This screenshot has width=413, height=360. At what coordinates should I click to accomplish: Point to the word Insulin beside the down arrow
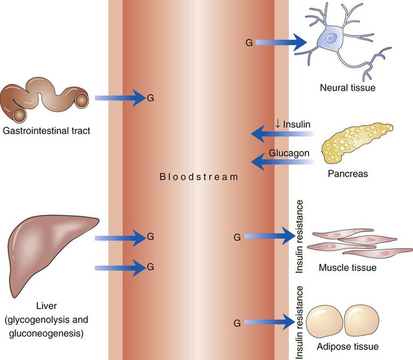pyautogui.click(x=294, y=125)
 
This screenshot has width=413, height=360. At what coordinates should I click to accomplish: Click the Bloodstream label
pyautogui.click(x=199, y=176)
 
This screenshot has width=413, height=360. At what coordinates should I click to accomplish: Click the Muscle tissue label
pyautogui.click(x=348, y=268)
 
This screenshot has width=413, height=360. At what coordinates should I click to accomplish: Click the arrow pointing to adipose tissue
pyautogui.click(x=267, y=322)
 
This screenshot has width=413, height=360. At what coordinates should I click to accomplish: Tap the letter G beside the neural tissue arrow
pyautogui.click(x=248, y=43)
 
